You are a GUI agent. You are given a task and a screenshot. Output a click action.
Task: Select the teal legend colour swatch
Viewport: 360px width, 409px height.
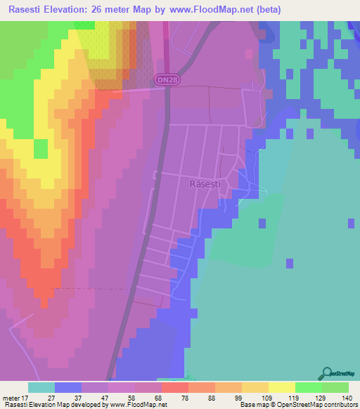(x=41, y=388)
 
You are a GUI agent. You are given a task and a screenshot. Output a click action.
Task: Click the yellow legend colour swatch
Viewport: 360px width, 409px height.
(x=282, y=388)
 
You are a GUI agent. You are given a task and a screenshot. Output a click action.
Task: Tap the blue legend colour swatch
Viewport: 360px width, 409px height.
(x=68, y=388)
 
